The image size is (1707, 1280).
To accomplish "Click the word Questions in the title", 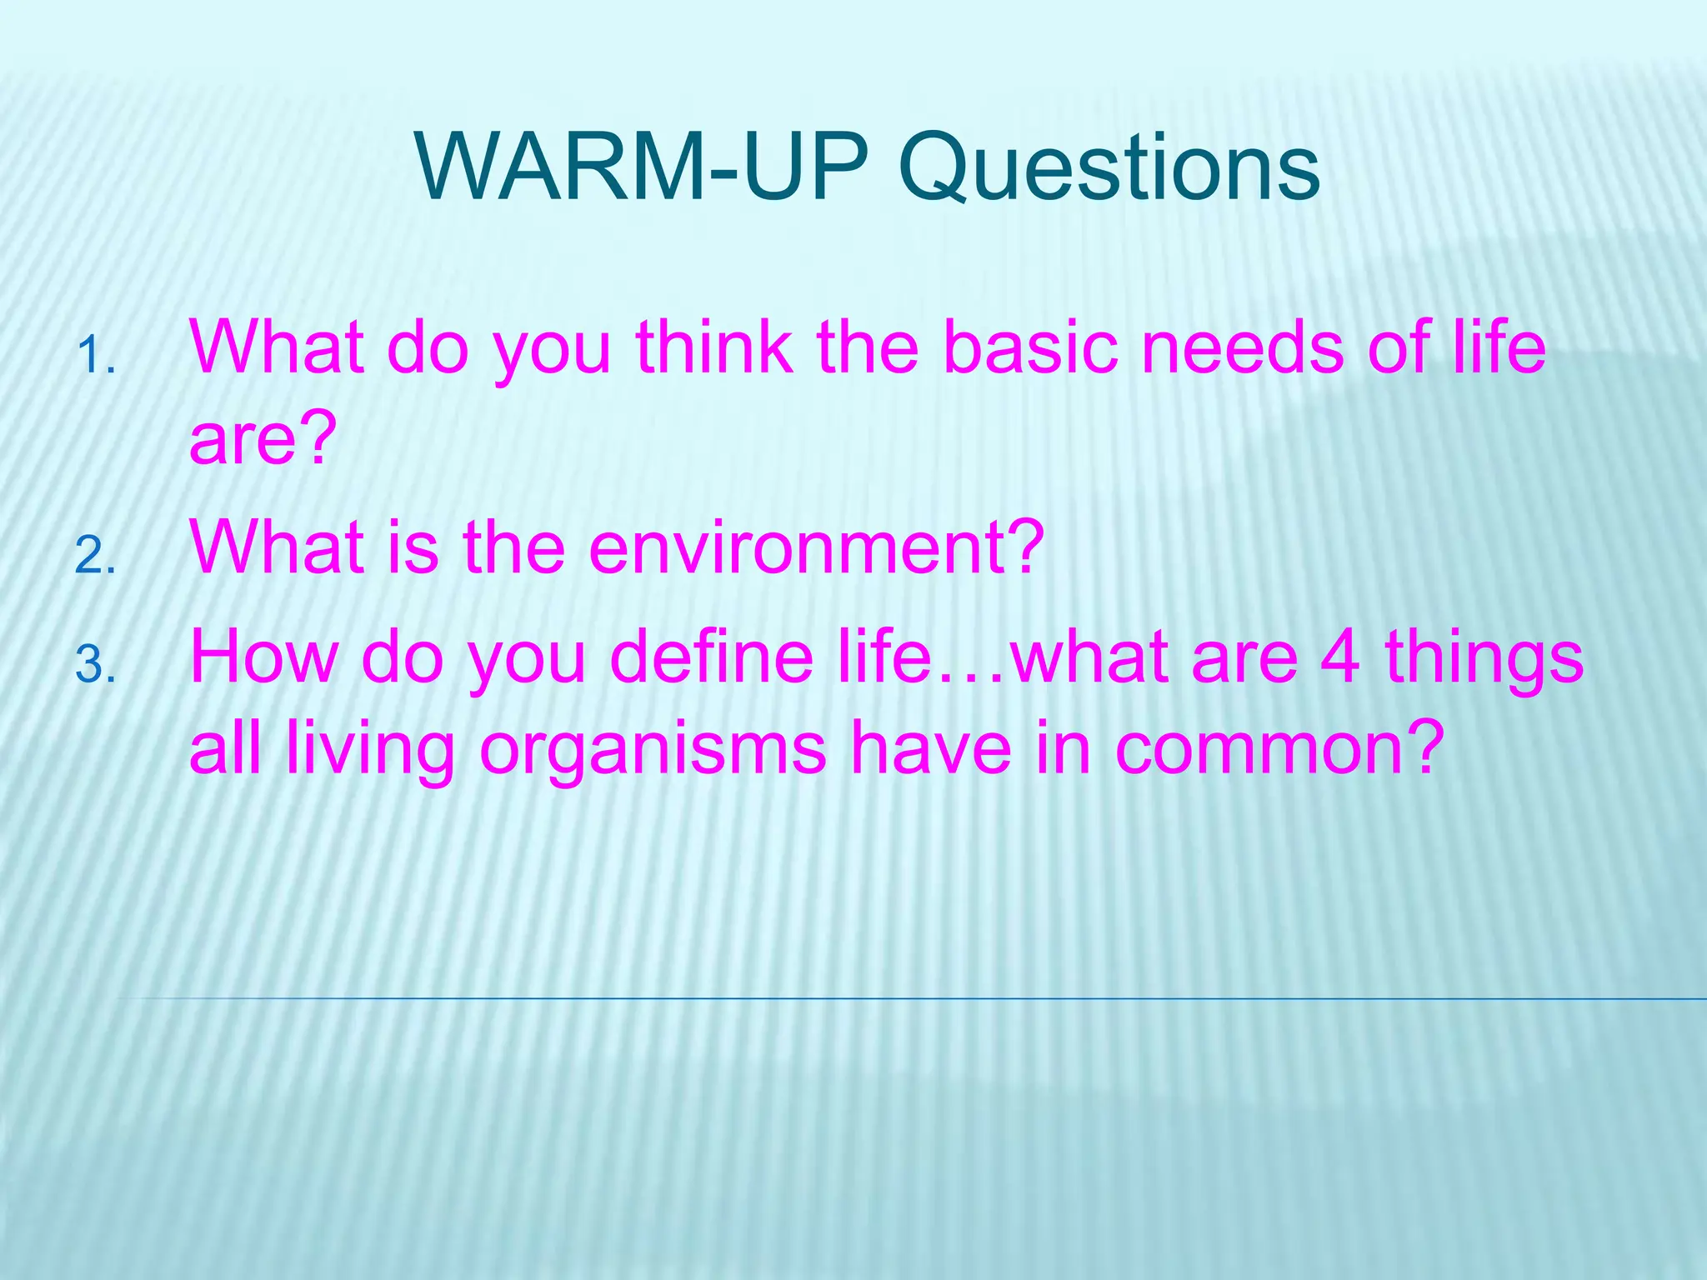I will pos(1109,168).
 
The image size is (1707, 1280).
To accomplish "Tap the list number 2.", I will pos(95,556).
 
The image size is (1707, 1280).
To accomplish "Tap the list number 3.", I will pos(95,666).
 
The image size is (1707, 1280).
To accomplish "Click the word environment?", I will pos(816,547).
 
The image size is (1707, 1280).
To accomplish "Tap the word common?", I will pos(1279,747).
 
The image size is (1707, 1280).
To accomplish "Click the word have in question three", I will pos(930,747).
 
